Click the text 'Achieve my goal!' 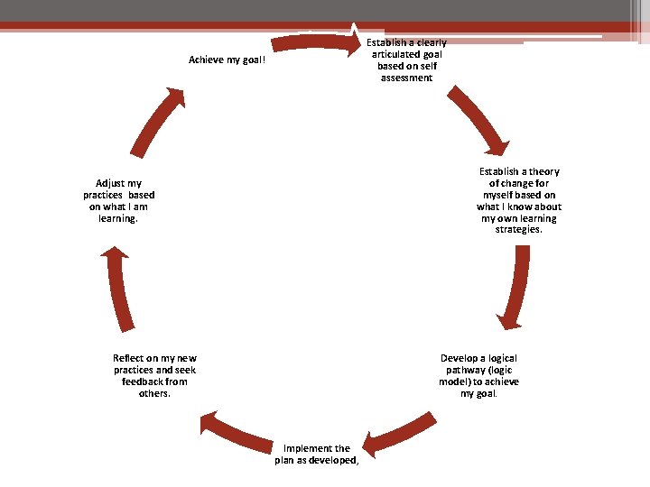coord(227,60)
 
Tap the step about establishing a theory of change coord(518,200)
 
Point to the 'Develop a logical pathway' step coord(478,375)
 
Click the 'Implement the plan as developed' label coord(316,454)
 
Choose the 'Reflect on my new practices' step coord(154,375)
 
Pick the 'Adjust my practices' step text coord(118,200)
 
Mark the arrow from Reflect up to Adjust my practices coord(119,289)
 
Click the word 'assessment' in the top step coord(406,78)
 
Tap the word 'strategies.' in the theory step coord(518,230)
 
